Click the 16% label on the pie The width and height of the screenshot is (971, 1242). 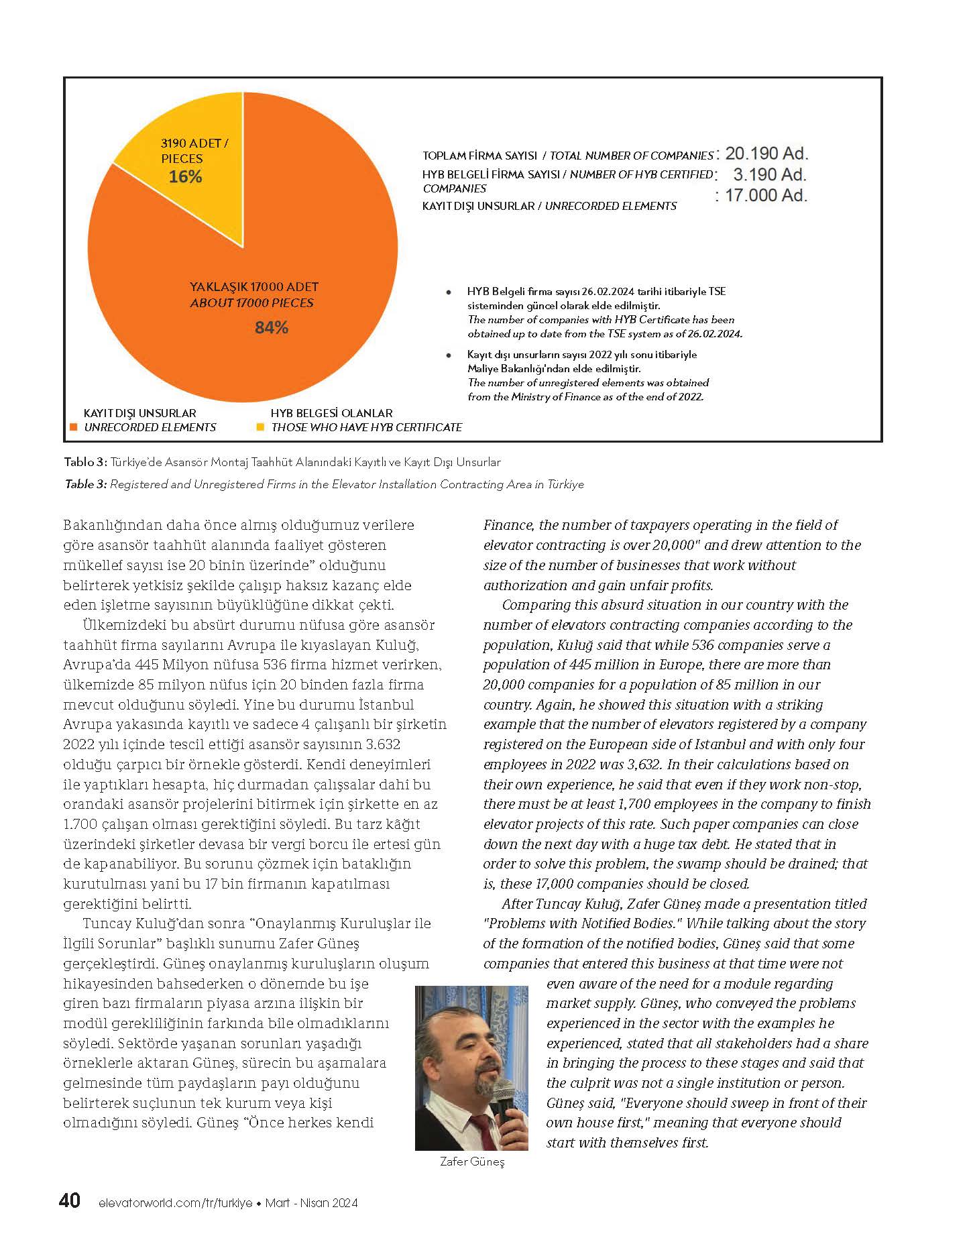(186, 177)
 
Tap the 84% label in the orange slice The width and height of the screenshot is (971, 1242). (271, 327)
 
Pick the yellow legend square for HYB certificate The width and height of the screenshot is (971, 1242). (260, 427)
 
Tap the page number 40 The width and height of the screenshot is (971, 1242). (70, 1200)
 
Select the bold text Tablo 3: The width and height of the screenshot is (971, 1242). (85, 462)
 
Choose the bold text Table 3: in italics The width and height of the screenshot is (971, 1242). (85, 484)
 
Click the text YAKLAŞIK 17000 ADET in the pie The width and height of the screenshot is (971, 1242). (254, 287)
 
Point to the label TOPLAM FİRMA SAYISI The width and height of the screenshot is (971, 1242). (483, 156)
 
